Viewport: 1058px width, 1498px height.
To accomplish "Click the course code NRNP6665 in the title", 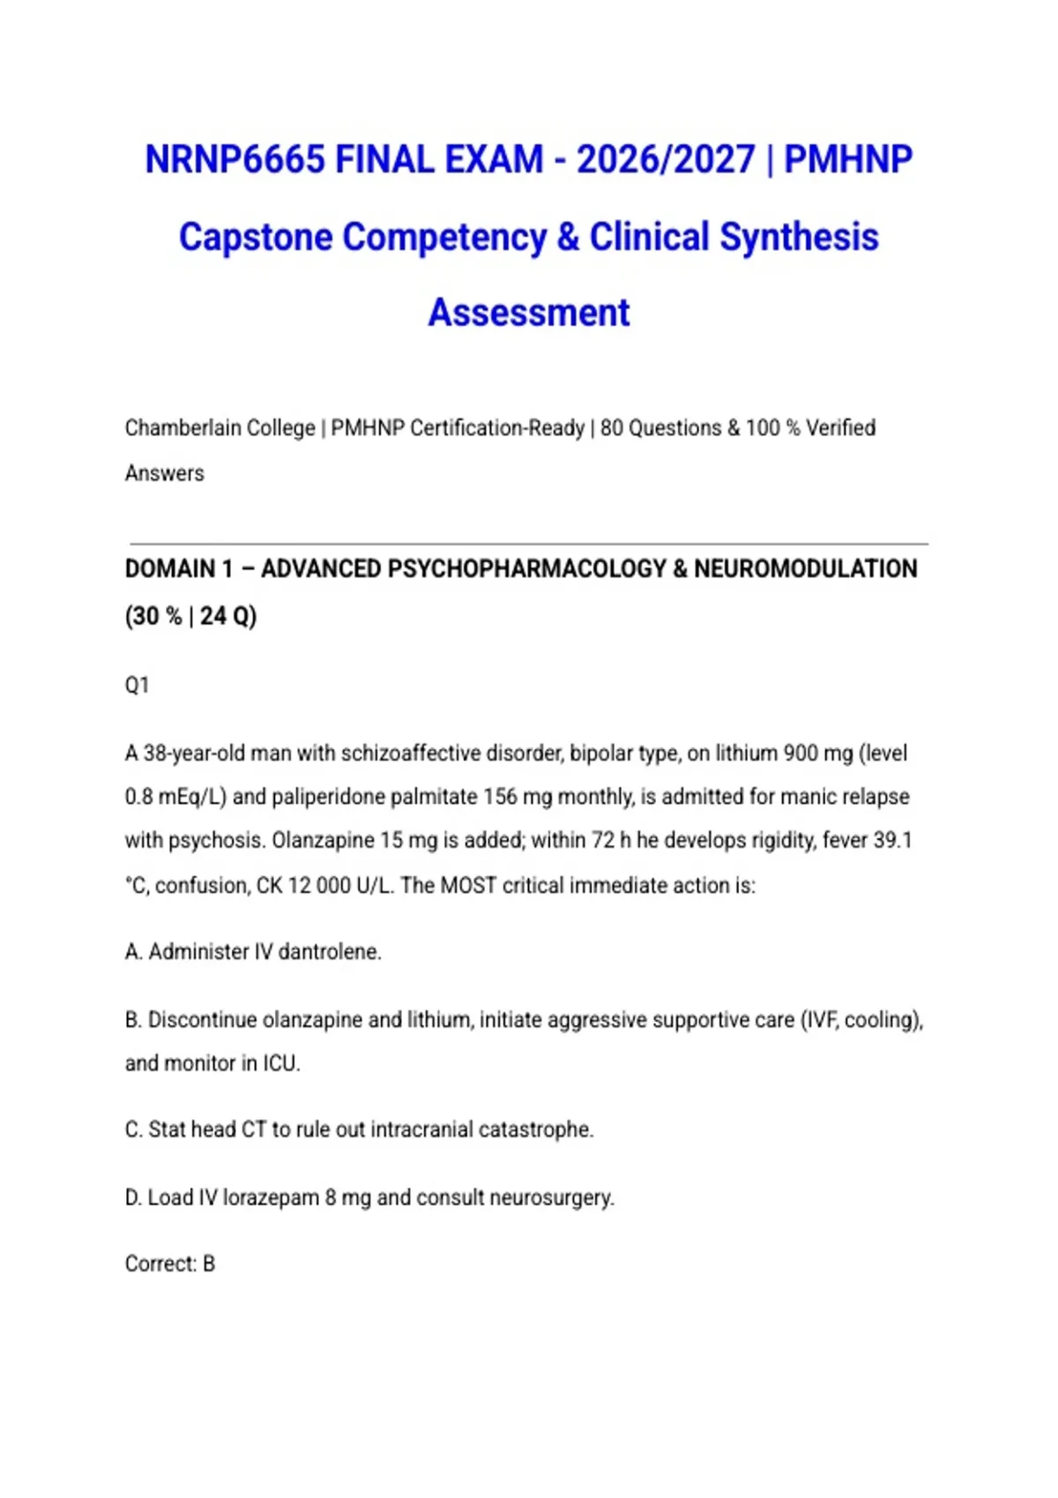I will [x=235, y=160].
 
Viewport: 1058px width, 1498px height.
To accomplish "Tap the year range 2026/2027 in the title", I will [x=666, y=160].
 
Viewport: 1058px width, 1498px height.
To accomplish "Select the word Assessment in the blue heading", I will [x=529, y=313].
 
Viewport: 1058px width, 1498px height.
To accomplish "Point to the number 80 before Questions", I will [x=611, y=428].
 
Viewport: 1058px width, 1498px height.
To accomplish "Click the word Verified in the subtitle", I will [x=840, y=428].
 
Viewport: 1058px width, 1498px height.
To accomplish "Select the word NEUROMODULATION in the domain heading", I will [x=805, y=569].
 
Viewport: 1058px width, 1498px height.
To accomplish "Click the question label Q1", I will [x=137, y=686].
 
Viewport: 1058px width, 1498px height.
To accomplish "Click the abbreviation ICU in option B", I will [x=281, y=1064].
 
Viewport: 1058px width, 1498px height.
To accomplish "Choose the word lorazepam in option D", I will [x=271, y=1198].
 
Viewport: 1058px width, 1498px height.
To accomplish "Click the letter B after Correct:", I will [x=209, y=1264].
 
